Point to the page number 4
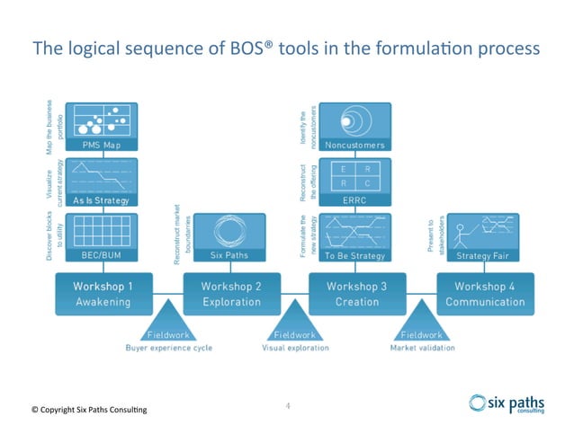coord(287,405)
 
